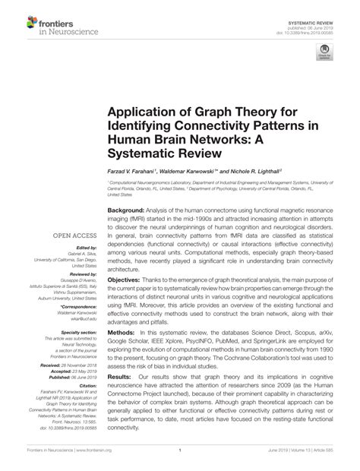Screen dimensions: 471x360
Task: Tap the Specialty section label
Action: pos(79,333)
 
